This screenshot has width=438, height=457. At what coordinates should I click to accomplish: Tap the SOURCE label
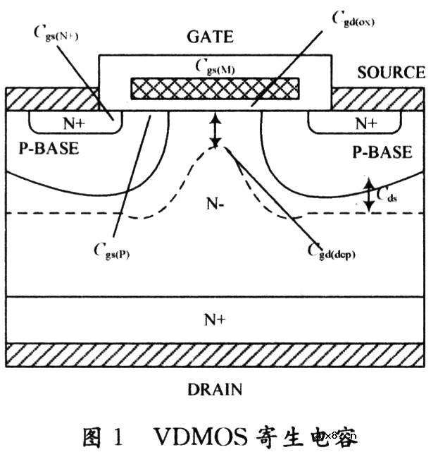[391, 73]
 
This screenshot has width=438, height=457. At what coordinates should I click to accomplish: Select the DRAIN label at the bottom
[215, 389]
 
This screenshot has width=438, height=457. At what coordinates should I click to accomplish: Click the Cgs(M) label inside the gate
[215, 68]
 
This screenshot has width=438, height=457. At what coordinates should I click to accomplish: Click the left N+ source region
[75, 123]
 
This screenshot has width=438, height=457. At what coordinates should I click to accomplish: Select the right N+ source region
[364, 123]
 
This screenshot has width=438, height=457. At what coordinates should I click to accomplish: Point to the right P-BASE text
[384, 152]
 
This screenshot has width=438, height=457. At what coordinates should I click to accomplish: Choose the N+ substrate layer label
[215, 319]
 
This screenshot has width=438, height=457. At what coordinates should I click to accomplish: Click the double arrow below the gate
[215, 132]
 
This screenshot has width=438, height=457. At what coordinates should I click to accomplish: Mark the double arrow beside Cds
[369, 195]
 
